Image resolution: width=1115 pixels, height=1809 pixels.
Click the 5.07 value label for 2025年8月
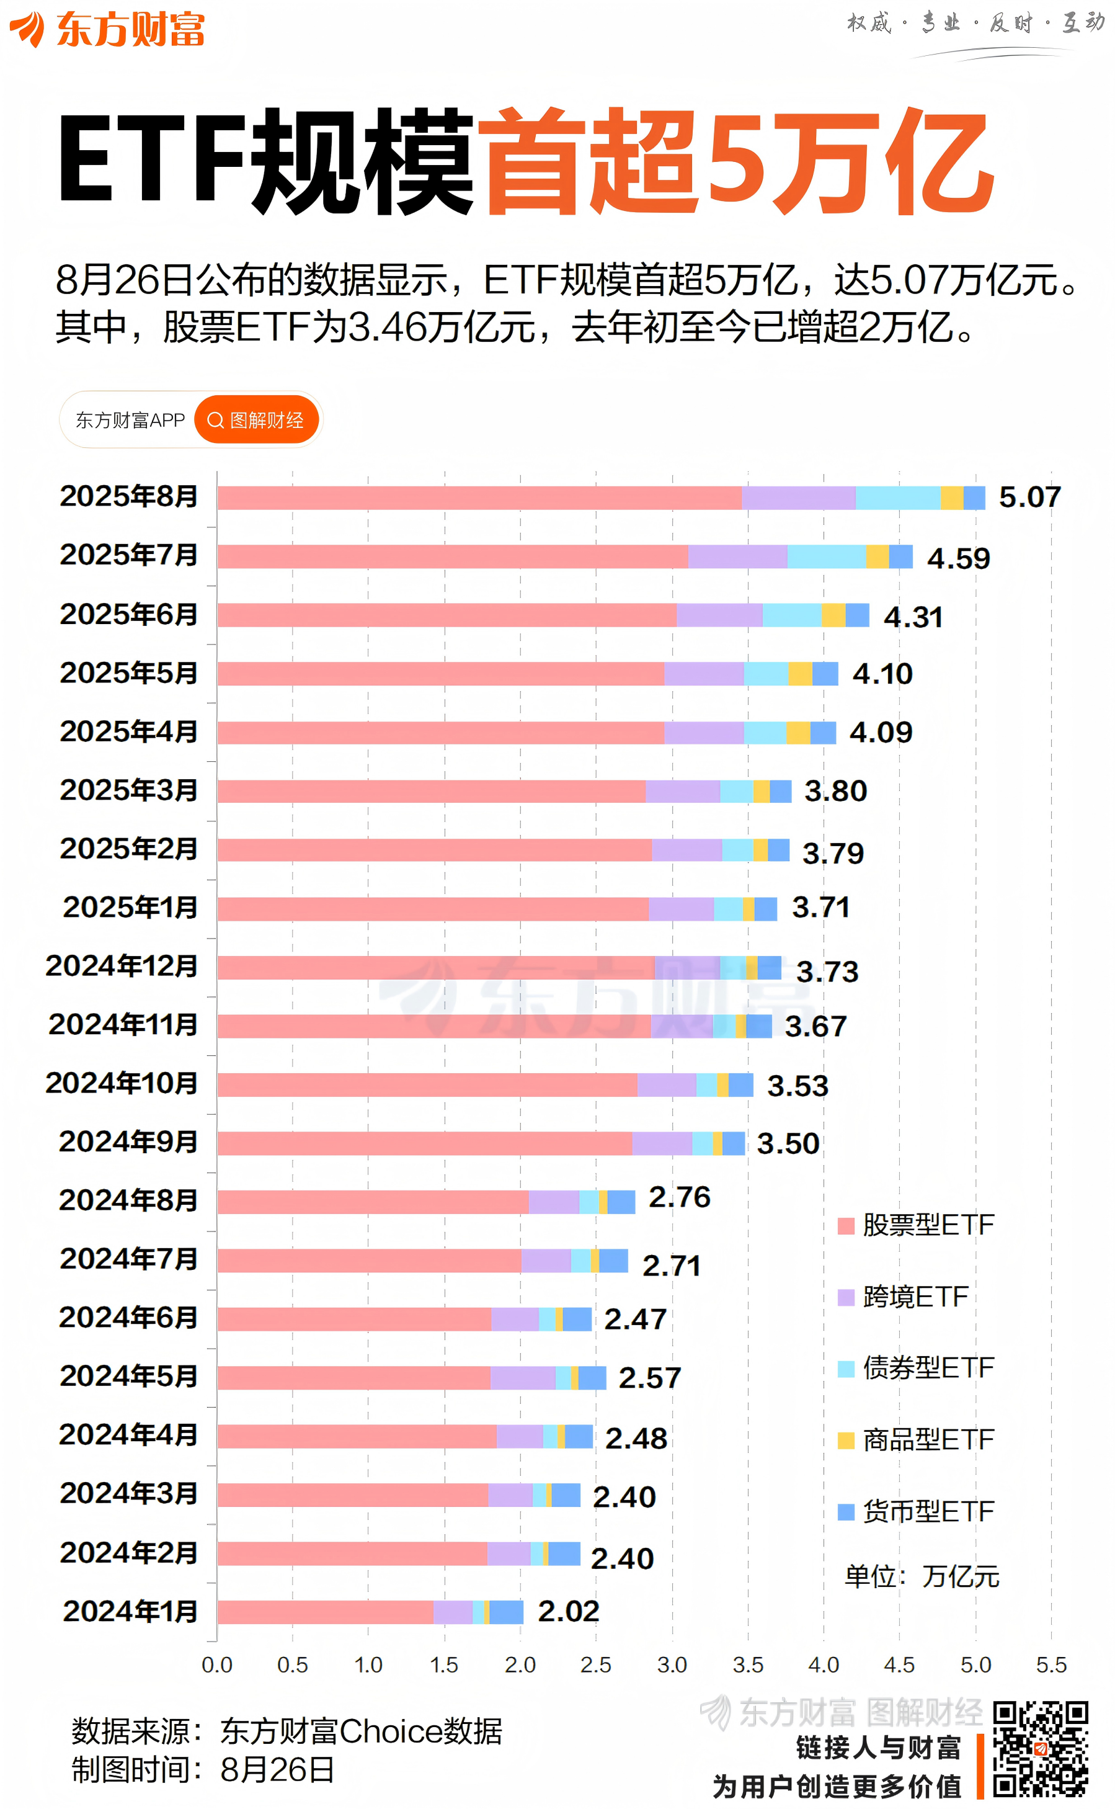1029,498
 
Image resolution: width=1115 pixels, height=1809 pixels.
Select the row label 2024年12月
122,966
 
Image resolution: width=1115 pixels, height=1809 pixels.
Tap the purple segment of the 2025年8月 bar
798,498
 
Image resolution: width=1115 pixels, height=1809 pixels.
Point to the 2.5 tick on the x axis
596,1665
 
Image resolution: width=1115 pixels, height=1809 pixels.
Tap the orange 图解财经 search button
257,420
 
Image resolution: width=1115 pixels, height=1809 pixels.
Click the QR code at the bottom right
1040,1749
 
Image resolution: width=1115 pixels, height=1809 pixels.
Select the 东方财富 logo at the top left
107,30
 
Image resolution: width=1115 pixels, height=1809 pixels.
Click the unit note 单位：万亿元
922,1576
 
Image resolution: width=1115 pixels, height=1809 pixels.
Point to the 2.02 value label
568,1611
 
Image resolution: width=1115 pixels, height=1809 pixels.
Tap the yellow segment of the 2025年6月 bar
833,615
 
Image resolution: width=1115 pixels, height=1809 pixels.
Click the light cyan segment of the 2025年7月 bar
826,556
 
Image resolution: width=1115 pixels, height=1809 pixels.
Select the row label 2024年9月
128,1141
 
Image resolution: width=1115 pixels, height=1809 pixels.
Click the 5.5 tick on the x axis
1051,1665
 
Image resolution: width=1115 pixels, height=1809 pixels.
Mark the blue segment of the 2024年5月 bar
592,1377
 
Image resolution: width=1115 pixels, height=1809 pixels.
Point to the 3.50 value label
788,1143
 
